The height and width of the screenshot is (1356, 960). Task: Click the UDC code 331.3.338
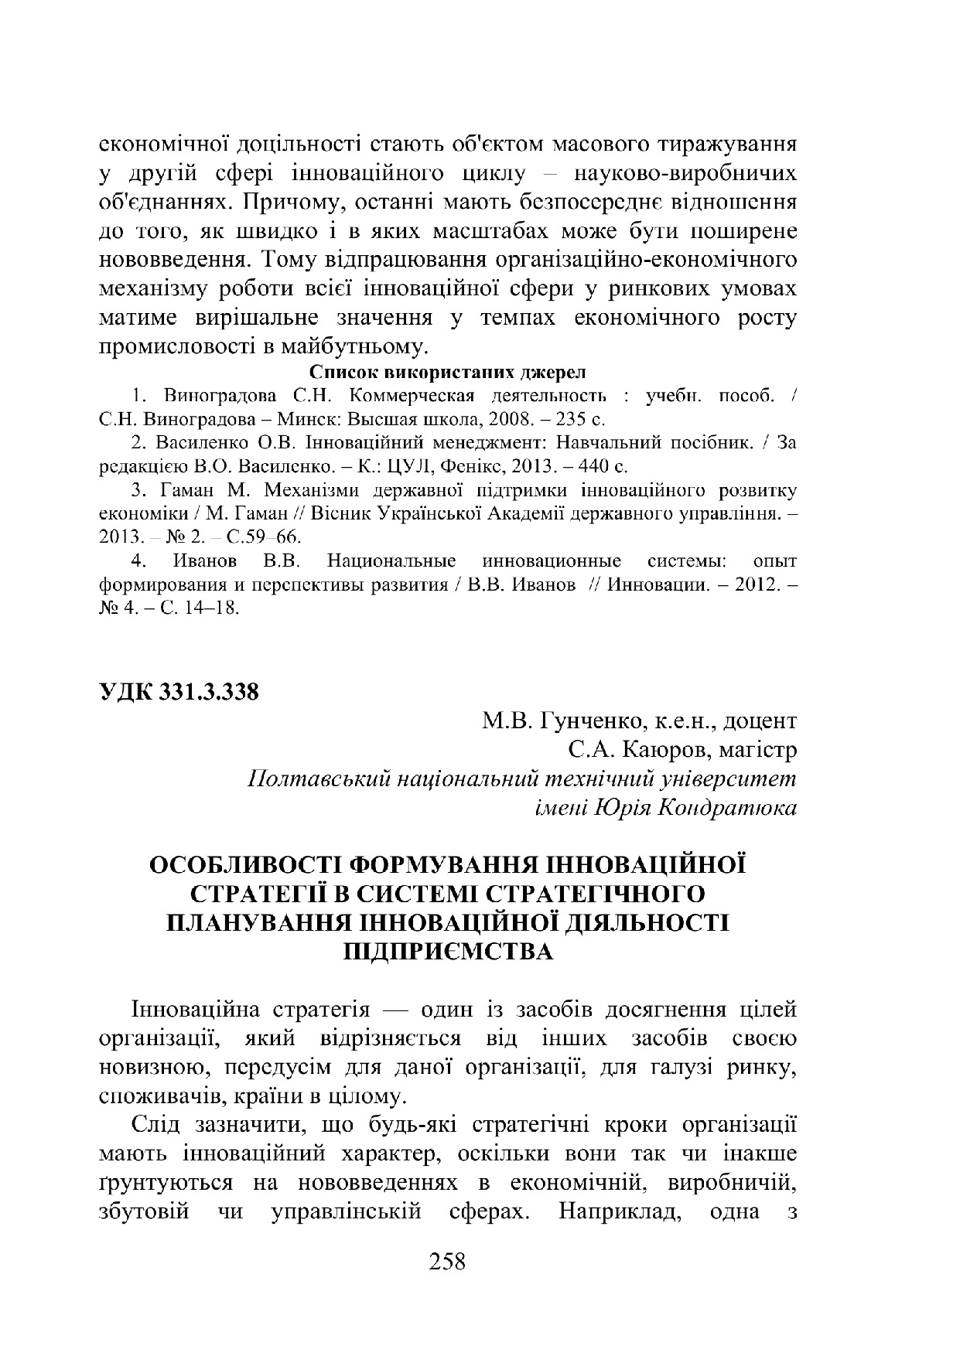click(x=208, y=692)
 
